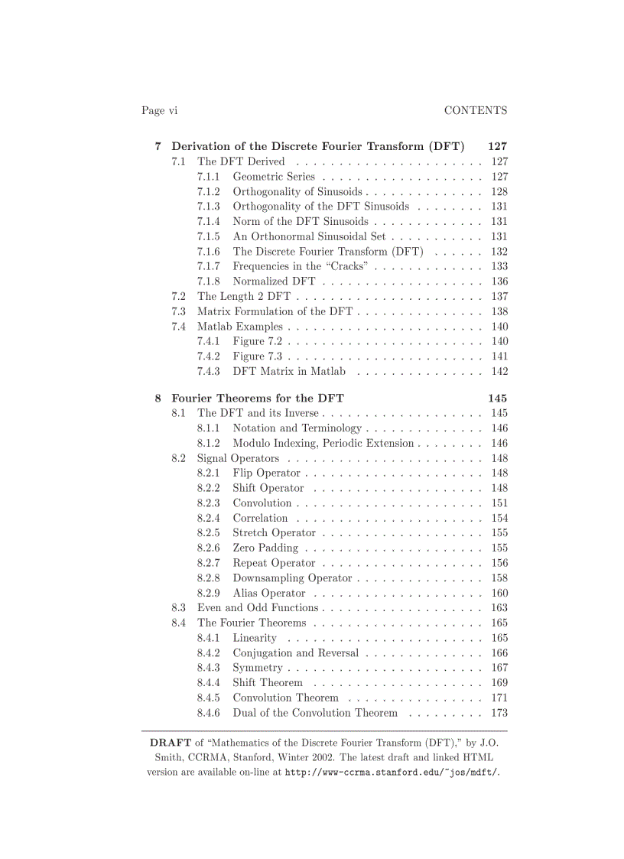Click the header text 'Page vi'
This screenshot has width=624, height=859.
pyautogui.click(x=159, y=110)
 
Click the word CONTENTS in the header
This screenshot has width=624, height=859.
pyautogui.click(x=475, y=110)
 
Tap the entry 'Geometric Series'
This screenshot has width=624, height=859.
pyautogui.click(x=274, y=177)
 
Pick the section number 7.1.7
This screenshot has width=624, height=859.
pyautogui.click(x=208, y=266)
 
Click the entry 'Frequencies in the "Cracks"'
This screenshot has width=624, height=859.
pyautogui.click(x=301, y=266)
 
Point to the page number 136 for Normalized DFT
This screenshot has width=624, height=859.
pyautogui.click(x=499, y=281)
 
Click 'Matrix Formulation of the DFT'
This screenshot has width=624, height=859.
pyautogui.click(x=275, y=311)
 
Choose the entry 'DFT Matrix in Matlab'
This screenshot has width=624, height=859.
pyautogui.click(x=289, y=371)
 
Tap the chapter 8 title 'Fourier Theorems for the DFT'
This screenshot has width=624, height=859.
pyautogui.click(x=258, y=398)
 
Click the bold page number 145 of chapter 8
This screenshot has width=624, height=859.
pyautogui.click(x=497, y=398)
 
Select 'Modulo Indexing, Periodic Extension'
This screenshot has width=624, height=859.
pyautogui.click(x=323, y=443)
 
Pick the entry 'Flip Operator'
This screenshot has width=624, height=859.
pyautogui.click(x=266, y=473)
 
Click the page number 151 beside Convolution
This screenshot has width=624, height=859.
pyautogui.click(x=499, y=503)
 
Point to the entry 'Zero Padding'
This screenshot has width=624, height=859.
pyautogui.click(x=265, y=548)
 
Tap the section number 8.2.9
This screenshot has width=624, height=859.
pyautogui.click(x=208, y=593)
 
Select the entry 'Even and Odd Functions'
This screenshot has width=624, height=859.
pyautogui.click(x=258, y=607)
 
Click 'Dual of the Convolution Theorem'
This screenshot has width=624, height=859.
pyautogui.click(x=315, y=712)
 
